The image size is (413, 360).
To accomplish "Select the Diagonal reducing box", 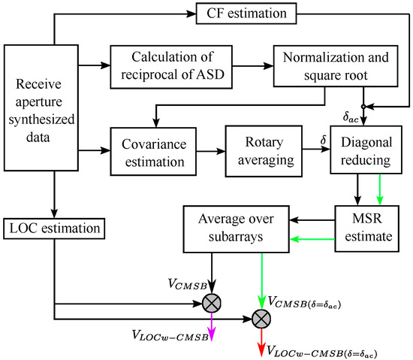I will [364, 150].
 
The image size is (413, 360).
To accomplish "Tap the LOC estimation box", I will [55, 225].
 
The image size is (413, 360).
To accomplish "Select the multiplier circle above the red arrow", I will [260, 319].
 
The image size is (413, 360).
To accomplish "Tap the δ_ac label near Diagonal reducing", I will [350, 118].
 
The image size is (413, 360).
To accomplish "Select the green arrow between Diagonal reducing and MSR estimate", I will [380, 190].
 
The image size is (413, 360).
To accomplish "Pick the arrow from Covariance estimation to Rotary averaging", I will [212, 150].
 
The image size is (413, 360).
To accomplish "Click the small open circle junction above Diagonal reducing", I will [364, 105].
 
